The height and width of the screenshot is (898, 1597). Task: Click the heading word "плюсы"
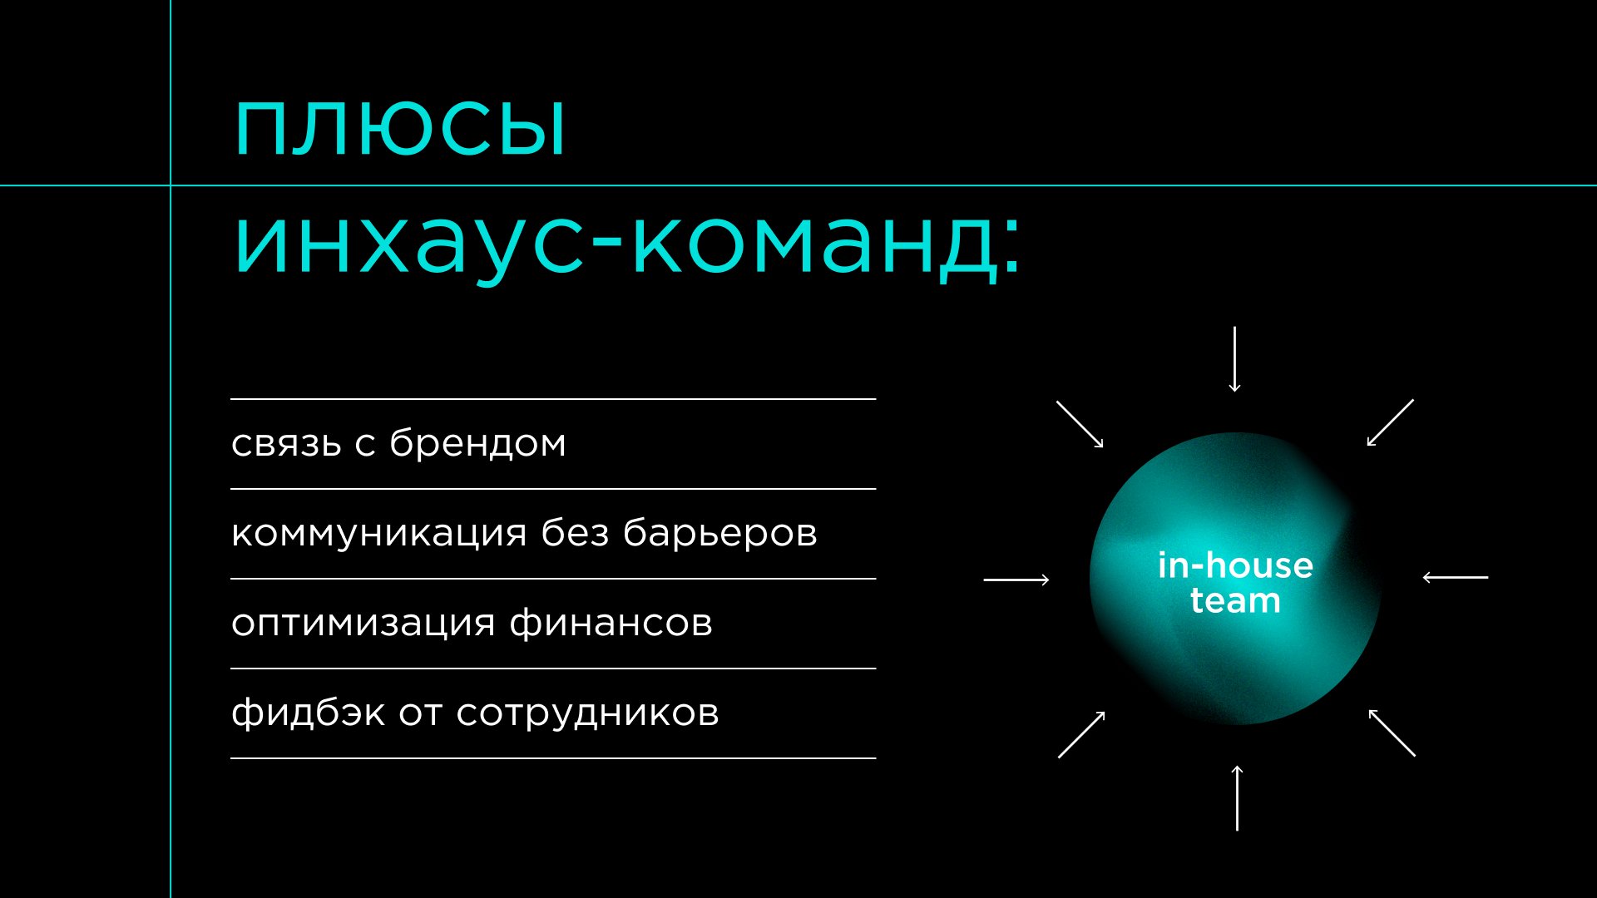pos(400,129)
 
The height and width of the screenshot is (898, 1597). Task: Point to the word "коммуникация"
pos(378,534)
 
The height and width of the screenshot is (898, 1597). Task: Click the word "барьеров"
pos(720,532)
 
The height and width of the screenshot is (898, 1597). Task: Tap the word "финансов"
pos(611,622)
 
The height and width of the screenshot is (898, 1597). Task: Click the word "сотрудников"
pos(587,713)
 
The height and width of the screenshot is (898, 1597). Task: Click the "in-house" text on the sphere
pos(1235,565)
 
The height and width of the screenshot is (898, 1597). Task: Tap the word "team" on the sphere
pos(1235,600)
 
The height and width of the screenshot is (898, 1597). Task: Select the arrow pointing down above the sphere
pos(1235,359)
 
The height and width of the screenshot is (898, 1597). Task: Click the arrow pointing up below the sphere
pos(1237,797)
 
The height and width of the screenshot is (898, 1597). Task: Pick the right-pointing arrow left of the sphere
pos(1016,580)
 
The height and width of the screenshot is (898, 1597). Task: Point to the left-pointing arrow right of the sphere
pos(1456,577)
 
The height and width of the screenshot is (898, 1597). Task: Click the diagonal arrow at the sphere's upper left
pos(1080,425)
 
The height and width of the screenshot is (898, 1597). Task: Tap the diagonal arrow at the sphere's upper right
pos(1391,422)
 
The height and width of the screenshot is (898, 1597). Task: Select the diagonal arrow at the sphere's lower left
pos(1081,734)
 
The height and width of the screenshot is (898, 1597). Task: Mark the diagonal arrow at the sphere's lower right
pos(1392,733)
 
